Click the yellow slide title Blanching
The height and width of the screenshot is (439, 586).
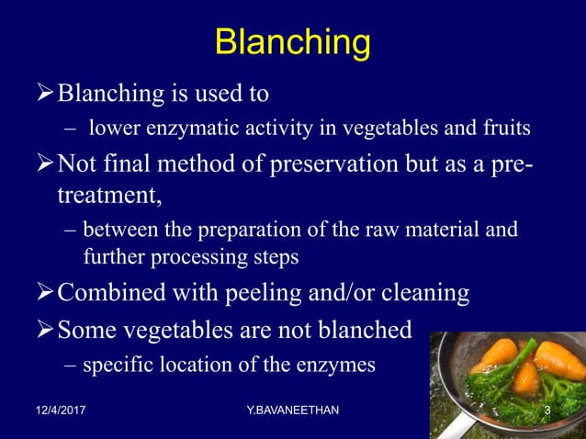292,43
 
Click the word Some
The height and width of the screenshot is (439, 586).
85,330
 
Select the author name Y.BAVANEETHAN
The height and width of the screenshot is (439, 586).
292,409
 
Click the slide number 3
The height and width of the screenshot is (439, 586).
547,409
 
